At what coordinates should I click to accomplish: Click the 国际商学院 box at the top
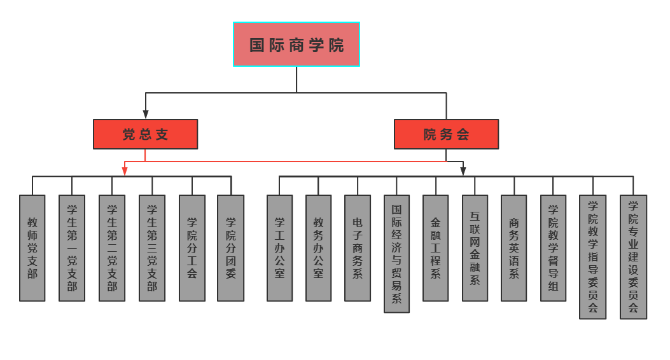tap(296, 45)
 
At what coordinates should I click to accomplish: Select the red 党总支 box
tap(145, 134)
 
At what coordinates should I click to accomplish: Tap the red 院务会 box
tap(446, 134)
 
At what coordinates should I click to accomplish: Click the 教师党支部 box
tap(32, 248)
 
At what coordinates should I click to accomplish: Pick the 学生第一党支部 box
tap(72, 248)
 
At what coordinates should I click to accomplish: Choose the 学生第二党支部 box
tap(112, 248)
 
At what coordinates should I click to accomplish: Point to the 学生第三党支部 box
tap(152, 248)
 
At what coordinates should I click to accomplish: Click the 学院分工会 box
tap(192, 248)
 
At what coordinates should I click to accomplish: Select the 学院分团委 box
tap(231, 248)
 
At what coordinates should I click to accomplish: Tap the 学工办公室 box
tap(279, 248)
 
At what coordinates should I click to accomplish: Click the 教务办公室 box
tap(318, 248)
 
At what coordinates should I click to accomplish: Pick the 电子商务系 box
tap(358, 248)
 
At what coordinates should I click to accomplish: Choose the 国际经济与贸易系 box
tap(396, 254)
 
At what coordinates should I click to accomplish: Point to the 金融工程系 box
tap(436, 248)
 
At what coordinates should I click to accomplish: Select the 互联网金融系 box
tap(475, 248)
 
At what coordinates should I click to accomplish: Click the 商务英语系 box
tap(514, 248)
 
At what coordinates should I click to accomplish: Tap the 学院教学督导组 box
tap(553, 248)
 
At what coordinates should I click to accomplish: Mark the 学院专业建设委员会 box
tap(633, 257)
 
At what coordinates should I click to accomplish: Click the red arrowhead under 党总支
tap(125, 171)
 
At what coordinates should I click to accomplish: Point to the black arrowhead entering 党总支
tap(146, 115)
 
